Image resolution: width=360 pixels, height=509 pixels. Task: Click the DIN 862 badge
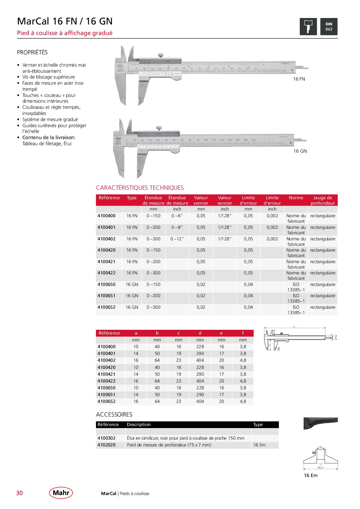pyautogui.click(x=329, y=27)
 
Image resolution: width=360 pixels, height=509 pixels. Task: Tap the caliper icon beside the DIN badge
pyautogui.click(x=308, y=27)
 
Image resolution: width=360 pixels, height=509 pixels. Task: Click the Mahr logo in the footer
pyautogui.click(x=61, y=493)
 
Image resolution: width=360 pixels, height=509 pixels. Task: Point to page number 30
pyautogui.click(x=19, y=493)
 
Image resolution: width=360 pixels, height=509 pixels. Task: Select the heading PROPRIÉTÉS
pyautogui.click(x=32, y=52)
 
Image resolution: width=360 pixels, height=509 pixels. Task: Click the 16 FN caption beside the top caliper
pyautogui.click(x=299, y=79)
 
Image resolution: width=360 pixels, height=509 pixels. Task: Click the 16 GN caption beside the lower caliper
pyautogui.click(x=300, y=151)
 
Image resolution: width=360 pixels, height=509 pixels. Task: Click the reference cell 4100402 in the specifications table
pyautogui.click(x=107, y=239)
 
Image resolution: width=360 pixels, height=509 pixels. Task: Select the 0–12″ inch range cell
pyautogui.click(x=177, y=239)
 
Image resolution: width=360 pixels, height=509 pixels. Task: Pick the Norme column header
pyautogui.click(x=296, y=198)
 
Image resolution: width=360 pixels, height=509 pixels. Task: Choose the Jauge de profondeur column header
pyautogui.click(x=323, y=200)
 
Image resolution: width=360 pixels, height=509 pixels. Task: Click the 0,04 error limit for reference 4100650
pyautogui.click(x=248, y=285)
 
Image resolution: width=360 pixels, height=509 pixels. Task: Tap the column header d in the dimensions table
pyautogui.click(x=200, y=333)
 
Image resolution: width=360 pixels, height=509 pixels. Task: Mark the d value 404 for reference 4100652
pyautogui.click(x=200, y=402)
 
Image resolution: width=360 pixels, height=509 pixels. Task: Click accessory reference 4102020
pyautogui.click(x=107, y=445)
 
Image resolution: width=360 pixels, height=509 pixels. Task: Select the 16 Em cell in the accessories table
pyautogui.click(x=259, y=445)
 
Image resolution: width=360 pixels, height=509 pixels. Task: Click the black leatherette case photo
pyautogui.click(x=320, y=423)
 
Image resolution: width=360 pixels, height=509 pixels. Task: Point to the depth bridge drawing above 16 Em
pyautogui.click(x=321, y=457)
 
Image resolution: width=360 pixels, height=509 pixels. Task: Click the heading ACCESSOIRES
pyautogui.click(x=114, y=414)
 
